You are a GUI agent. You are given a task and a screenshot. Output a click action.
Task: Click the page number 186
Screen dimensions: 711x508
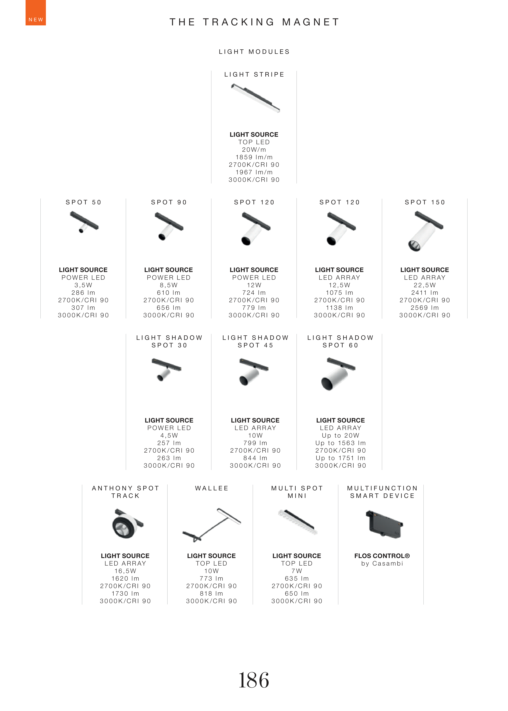[254, 680]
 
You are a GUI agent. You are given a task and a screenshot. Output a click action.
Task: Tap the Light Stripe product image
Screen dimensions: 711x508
[255, 98]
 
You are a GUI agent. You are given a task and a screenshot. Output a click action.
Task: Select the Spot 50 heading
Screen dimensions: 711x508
[84, 202]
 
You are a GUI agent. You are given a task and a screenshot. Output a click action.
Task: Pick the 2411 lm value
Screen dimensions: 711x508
[424, 293]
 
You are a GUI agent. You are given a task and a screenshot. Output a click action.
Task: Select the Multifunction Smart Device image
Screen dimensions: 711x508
[384, 524]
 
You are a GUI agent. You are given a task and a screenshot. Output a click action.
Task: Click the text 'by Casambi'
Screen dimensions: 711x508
[382, 564]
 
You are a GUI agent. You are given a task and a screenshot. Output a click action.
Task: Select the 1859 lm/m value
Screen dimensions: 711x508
[254, 157]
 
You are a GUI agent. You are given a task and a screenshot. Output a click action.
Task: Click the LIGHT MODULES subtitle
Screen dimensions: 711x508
[254, 52]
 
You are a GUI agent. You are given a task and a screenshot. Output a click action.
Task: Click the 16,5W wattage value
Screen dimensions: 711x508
[125, 571]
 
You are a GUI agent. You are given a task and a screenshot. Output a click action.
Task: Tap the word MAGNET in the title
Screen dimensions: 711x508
[311, 22]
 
